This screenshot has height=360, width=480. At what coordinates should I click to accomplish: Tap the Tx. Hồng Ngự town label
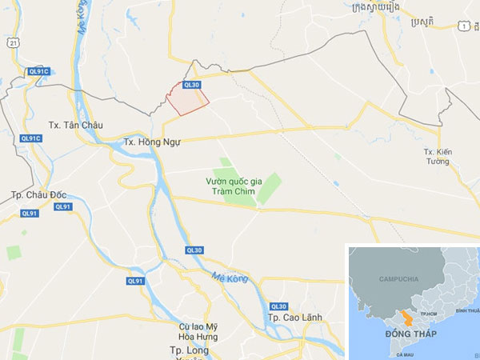(x=152, y=142)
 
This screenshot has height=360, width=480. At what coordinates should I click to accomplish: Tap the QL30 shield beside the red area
(x=190, y=84)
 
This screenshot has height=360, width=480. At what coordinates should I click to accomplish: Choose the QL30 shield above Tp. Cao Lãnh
(x=278, y=306)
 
